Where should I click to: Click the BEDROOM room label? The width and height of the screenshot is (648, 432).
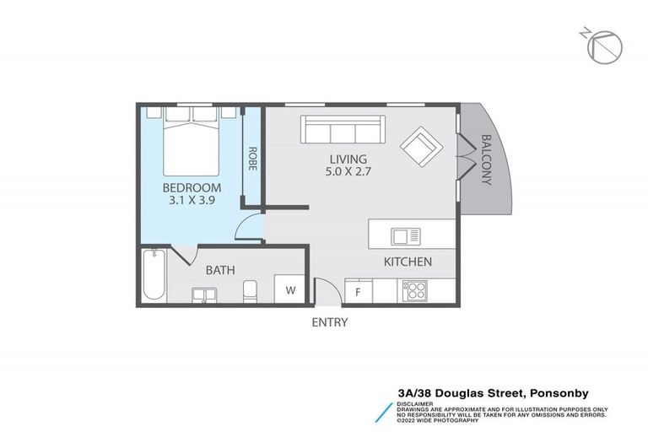[192, 187]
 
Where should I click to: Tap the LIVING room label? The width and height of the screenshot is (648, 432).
[348, 159]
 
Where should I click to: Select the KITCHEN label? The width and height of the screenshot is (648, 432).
[408, 262]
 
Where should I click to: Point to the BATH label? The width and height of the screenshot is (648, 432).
[220, 271]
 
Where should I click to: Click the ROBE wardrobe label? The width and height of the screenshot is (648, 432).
[252, 159]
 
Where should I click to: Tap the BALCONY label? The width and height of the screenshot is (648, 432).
[486, 159]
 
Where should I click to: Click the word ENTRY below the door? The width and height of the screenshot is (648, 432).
[329, 321]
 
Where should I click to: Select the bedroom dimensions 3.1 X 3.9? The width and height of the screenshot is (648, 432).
[192, 201]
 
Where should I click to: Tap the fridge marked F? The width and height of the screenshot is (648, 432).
[358, 292]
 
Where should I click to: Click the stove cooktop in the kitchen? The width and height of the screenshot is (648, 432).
[416, 290]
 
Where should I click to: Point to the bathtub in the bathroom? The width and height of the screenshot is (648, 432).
[154, 275]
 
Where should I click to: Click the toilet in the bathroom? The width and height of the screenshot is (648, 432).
[250, 291]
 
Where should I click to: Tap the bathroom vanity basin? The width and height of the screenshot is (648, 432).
[202, 294]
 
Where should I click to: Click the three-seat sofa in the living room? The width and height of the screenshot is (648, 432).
[343, 130]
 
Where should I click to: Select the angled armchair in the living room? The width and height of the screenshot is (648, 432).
[419, 147]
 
